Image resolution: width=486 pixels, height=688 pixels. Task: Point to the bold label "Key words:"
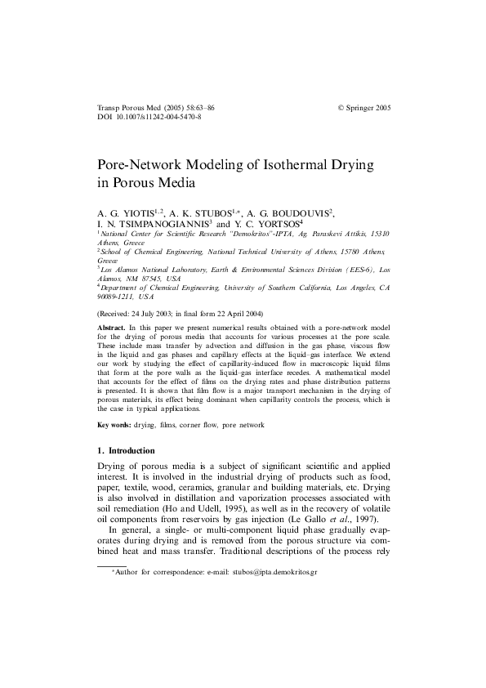point(114,425)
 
